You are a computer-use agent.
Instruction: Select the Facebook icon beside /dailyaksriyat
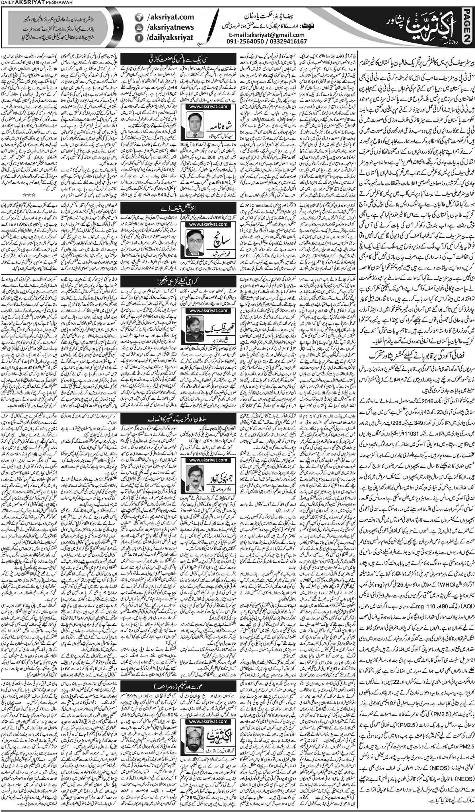[139, 39]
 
